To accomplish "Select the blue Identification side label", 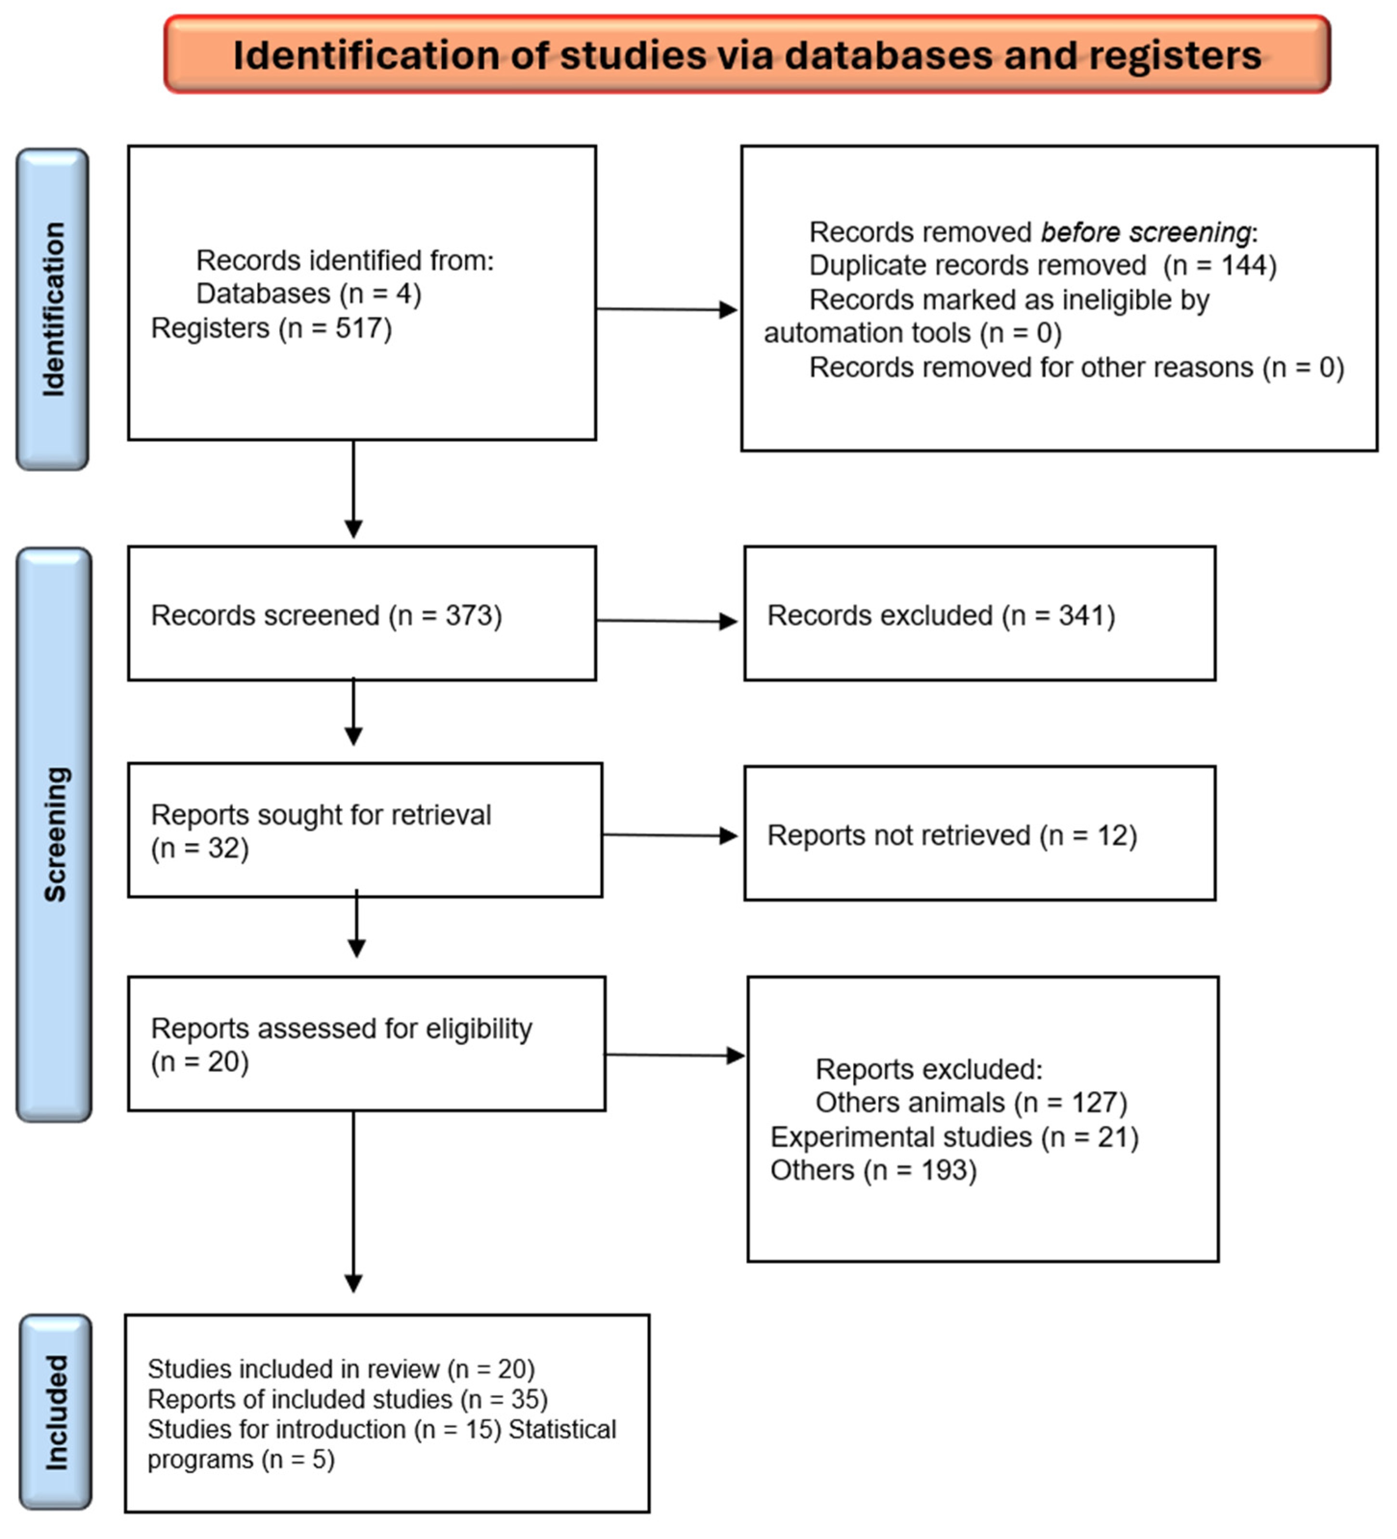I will [x=52, y=309].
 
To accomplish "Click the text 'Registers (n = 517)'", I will [x=271, y=328].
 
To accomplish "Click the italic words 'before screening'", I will [x=1146, y=232].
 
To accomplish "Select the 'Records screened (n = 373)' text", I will [x=326, y=615].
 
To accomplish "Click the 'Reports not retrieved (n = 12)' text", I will [x=952, y=835].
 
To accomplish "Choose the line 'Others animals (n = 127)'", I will [x=971, y=1102].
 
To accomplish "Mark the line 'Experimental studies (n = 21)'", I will [x=954, y=1137].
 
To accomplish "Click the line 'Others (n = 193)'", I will [x=873, y=1170].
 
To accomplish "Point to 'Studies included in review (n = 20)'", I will [x=341, y=1369].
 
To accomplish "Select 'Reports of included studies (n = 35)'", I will [x=348, y=1399].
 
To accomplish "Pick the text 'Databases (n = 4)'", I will [x=309, y=294].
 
